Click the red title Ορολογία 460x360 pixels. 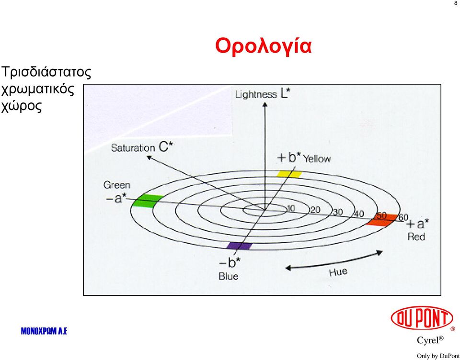point(263,46)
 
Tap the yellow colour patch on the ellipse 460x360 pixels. point(289,174)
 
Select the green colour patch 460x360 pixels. point(148,201)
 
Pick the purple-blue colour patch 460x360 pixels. point(240,246)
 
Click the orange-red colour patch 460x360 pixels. point(382,220)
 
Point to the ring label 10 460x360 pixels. point(290,208)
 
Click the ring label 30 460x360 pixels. point(338,212)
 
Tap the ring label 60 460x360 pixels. point(403,217)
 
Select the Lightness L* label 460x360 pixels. point(263,93)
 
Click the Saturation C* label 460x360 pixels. point(142,147)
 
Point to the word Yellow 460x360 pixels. point(317,159)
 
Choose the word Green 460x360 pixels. point(117,185)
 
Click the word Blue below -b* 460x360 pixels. point(229,276)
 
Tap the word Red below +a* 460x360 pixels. point(416,236)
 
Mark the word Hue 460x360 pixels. point(338,272)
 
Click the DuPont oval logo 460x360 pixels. point(422,318)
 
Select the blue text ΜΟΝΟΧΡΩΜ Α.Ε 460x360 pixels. point(44,331)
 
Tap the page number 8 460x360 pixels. point(456,3)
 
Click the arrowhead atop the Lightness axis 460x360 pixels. point(265,104)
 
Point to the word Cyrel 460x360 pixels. point(427,340)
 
